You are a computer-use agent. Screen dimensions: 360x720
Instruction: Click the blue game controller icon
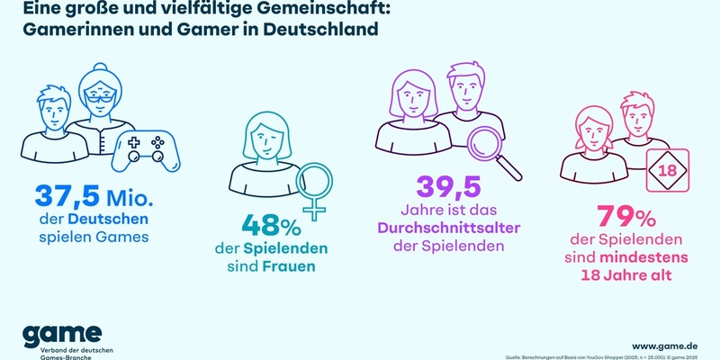point(146,148)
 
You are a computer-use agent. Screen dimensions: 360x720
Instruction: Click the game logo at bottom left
point(63,334)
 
